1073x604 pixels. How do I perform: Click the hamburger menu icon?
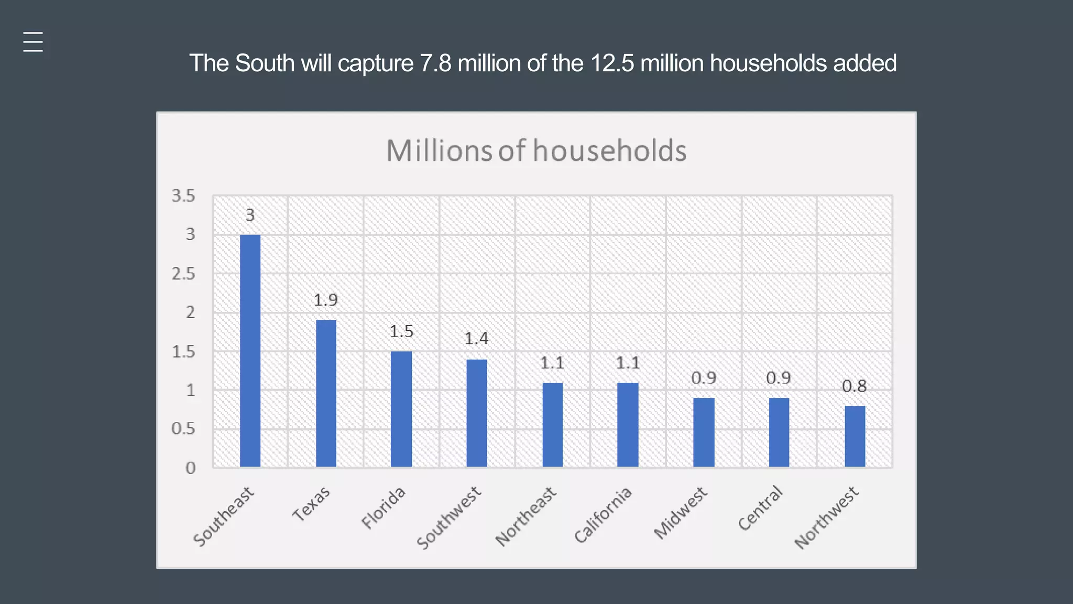point(33,42)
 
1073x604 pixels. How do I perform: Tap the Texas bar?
point(326,393)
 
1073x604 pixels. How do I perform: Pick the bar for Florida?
point(401,409)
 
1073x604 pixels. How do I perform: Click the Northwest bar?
point(855,436)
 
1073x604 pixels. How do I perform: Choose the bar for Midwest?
point(704,432)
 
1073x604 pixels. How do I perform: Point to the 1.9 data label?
point(326,300)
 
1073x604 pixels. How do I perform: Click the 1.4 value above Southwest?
point(476,339)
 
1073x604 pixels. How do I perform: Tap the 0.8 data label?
point(854,386)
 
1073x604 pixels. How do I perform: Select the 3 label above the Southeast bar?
point(250,215)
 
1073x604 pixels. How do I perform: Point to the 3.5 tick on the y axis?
point(183,196)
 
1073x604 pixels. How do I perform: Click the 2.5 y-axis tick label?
point(183,274)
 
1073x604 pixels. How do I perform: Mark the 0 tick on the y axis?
point(190,468)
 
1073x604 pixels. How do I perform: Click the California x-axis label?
point(603,515)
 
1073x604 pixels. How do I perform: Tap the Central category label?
point(760,508)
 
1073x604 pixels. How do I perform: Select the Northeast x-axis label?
point(526,516)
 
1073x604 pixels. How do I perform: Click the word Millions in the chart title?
point(439,151)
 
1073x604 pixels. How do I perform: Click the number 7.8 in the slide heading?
point(435,63)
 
